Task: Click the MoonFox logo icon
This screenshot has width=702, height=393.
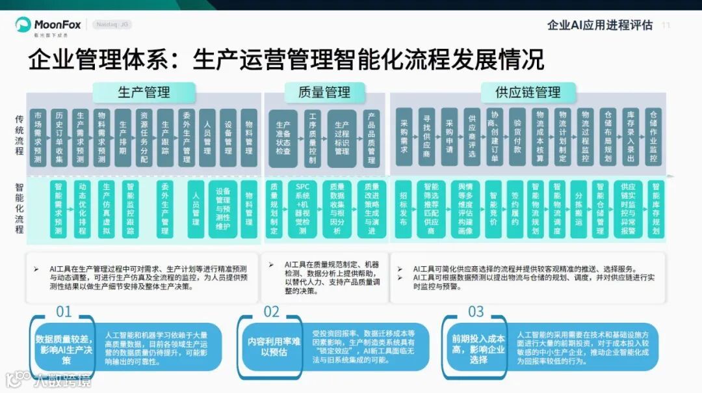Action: point(23,25)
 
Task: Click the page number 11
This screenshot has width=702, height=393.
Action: point(666,25)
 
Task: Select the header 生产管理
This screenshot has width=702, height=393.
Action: point(144,92)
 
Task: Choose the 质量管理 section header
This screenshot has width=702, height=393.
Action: point(324,92)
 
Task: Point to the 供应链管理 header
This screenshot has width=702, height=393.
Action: point(527,92)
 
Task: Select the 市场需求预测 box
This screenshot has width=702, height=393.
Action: point(38,137)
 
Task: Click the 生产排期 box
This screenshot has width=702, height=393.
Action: point(122,137)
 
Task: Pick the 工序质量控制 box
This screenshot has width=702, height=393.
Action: point(313,137)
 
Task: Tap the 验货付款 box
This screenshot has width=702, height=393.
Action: point(517,136)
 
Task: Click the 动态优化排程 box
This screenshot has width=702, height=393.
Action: point(82,208)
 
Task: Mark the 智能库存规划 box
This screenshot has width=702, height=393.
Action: point(655,208)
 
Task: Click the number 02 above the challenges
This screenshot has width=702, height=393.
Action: point(271,312)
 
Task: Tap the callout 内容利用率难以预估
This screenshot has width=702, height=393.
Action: point(274,346)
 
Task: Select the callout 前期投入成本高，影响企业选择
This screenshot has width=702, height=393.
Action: point(478,346)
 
